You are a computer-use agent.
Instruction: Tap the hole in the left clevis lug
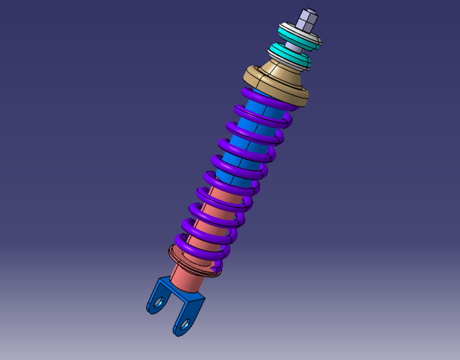click(159, 302)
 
